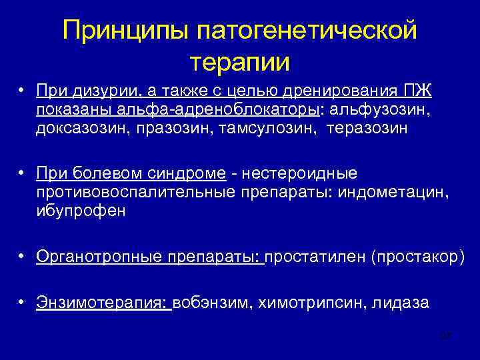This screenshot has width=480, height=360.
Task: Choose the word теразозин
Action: [x=366, y=128]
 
